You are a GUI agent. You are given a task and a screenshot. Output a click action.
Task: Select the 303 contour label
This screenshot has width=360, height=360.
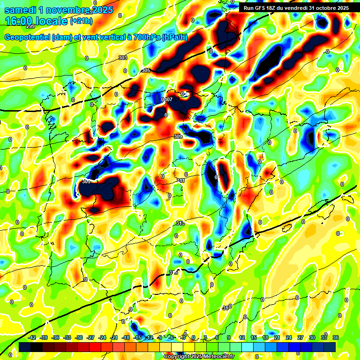[x=123, y=58]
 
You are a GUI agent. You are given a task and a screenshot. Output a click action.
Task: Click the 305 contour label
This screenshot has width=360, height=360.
[x=146, y=70]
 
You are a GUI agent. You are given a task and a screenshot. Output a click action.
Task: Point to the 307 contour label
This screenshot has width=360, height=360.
[x=168, y=99]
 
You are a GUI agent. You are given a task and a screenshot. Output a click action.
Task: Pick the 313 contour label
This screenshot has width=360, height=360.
[x=181, y=223]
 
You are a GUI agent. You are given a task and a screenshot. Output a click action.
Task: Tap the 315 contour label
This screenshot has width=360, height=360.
[x=173, y=272]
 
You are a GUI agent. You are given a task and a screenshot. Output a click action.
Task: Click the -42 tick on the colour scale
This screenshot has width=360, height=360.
[x=33, y=337]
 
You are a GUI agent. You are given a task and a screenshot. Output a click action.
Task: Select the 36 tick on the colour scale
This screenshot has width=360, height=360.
[x=336, y=337]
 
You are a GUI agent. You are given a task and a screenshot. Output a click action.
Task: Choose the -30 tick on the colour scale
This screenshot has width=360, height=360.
[x=79, y=337]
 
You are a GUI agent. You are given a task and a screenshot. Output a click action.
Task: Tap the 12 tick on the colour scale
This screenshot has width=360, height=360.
[x=242, y=337]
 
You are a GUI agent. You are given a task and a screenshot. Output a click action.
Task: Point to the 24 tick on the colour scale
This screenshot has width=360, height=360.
[x=288, y=337]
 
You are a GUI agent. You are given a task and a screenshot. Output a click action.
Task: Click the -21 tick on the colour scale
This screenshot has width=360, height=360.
[x=114, y=337]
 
